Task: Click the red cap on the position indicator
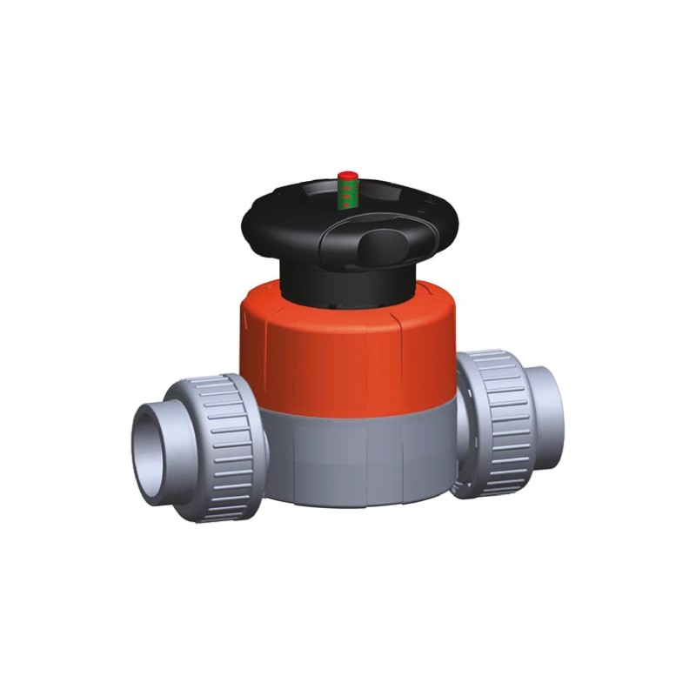tap(348, 177)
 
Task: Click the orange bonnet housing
tap(348, 348)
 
